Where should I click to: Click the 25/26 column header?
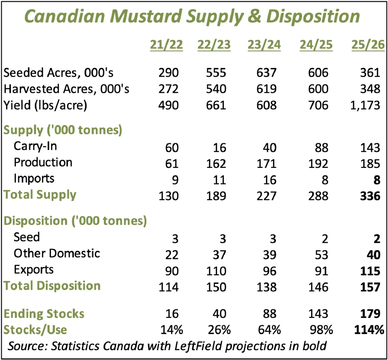tap(366, 45)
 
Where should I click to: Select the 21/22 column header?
tap(167, 45)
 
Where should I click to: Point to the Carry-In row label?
tap(35, 146)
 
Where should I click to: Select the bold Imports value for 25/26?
tap(375, 179)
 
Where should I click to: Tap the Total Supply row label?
tap(40, 195)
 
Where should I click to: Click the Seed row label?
tap(27, 238)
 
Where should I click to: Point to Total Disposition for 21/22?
tap(168, 287)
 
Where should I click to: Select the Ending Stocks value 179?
tap(370, 314)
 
